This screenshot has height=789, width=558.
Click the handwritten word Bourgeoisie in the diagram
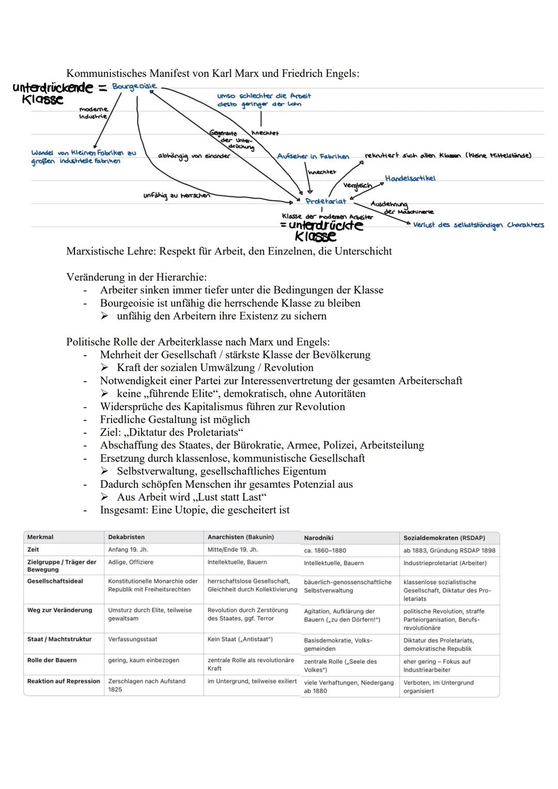tap(134, 86)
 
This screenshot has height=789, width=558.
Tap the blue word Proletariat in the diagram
tap(326, 201)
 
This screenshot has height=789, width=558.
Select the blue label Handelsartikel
tap(410, 178)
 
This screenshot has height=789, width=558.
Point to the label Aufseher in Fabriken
tap(313, 156)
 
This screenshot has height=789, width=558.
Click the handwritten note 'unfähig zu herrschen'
tap(176, 195)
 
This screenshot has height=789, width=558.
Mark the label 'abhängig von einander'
tap(194, 156)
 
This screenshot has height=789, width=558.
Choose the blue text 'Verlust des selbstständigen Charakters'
tap(478, 225)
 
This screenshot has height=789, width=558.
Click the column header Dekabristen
tap(126, 537)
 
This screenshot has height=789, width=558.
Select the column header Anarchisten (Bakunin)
tap(240, 537)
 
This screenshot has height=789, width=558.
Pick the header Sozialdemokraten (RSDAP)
tap(444, 538)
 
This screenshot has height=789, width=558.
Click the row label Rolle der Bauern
tap(52, 660)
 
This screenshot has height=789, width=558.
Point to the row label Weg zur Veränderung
tap(59, 610)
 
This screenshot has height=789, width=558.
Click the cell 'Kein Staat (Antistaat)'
tap(240, 639)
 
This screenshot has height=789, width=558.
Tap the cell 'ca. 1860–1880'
tap(325, 551)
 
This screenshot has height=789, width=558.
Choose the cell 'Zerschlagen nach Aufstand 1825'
tap(146, 685)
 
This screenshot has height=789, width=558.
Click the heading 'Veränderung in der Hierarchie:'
tap(136, 277)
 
